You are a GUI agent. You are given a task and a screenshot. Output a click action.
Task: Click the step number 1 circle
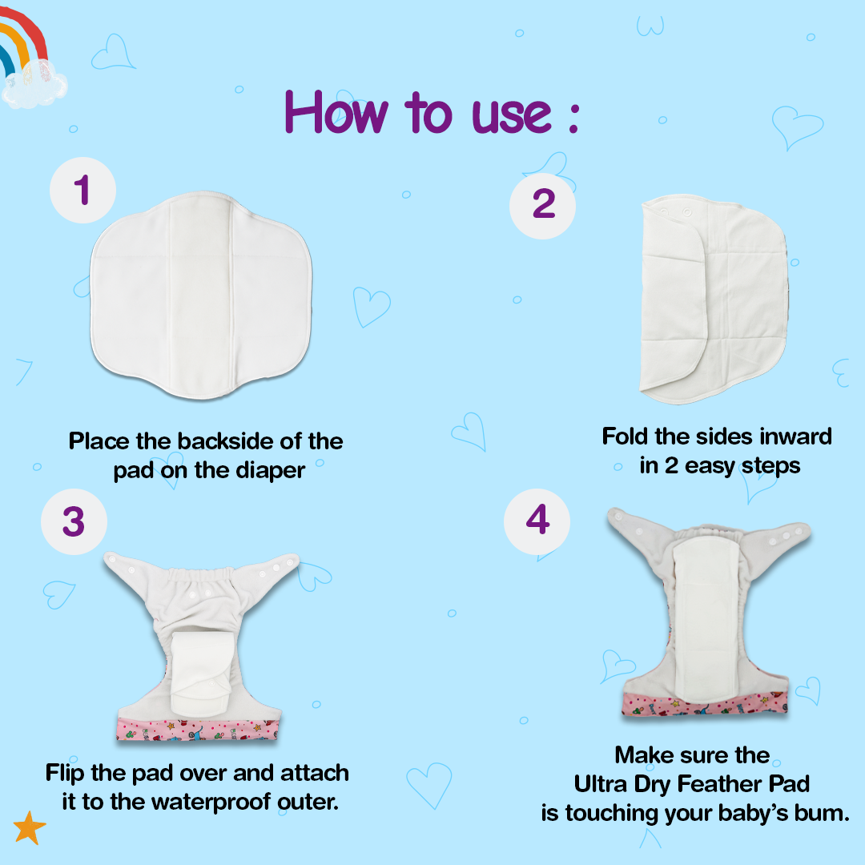(x=82, y=191)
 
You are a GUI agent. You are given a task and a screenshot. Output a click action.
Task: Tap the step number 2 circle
(x=542, y=206)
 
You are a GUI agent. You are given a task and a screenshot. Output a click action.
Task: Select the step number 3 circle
(x=74, y=521)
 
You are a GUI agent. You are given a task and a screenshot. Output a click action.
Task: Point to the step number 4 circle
(x=537, y=521)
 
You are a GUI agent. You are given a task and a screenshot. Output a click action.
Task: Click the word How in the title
(x=336, y=113)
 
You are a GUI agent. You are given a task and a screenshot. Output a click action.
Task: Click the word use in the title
(x=511, y=115)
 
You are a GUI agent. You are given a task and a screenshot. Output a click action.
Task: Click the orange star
(x=30, y=827)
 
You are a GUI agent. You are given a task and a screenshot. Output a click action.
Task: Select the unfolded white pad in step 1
(x=201, y=295)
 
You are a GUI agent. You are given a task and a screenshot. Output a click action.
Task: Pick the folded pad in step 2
(x=713, y=299)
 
